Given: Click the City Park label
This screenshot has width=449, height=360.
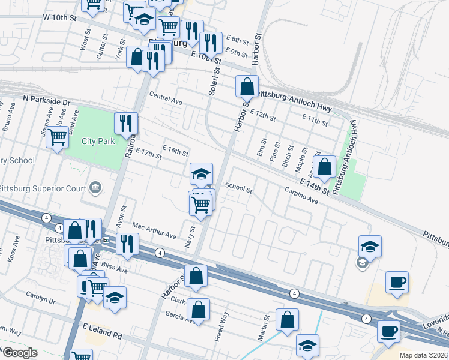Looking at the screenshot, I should (98, 142).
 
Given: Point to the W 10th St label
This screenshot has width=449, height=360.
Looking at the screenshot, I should (61, 18).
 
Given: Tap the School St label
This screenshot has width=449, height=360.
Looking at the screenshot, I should (238, 187).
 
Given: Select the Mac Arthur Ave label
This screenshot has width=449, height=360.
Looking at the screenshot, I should (154, 232).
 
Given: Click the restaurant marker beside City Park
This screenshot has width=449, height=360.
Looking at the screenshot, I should (126, 123).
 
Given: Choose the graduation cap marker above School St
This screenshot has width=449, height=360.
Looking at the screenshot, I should (201, 174).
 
